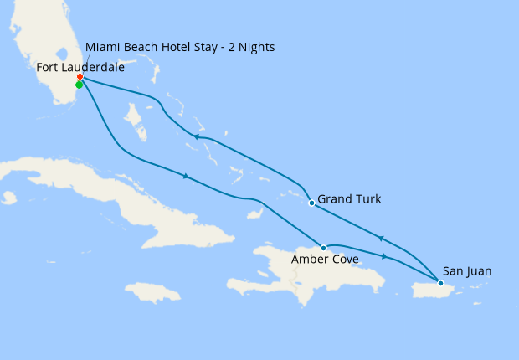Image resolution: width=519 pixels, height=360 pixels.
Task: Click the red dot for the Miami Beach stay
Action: point(80,77)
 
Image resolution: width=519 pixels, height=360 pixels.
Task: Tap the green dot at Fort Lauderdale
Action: point(79,85)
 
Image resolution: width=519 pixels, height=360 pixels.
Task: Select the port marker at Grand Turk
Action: point(311,203)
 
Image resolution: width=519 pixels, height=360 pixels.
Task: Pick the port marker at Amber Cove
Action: point(323,248)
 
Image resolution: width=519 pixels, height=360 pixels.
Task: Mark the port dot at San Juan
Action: point(440,283)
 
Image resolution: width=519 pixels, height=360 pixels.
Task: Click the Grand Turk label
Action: point(350,199)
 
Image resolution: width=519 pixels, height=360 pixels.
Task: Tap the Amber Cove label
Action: point(325,260)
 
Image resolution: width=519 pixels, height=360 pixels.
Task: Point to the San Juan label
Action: point(466,270)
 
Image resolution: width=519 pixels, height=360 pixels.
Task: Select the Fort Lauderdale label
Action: point(80,67)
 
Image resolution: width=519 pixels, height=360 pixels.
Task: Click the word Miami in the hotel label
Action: point(103,47)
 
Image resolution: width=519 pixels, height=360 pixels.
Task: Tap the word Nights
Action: point(254,47)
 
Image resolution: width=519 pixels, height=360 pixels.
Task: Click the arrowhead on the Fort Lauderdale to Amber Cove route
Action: point(185,176)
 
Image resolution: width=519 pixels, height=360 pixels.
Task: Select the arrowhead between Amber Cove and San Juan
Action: point(384,256)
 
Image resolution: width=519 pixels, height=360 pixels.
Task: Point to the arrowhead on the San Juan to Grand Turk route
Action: point(381,239)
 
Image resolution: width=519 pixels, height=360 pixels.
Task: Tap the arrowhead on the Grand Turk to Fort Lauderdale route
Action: point(194,137)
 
